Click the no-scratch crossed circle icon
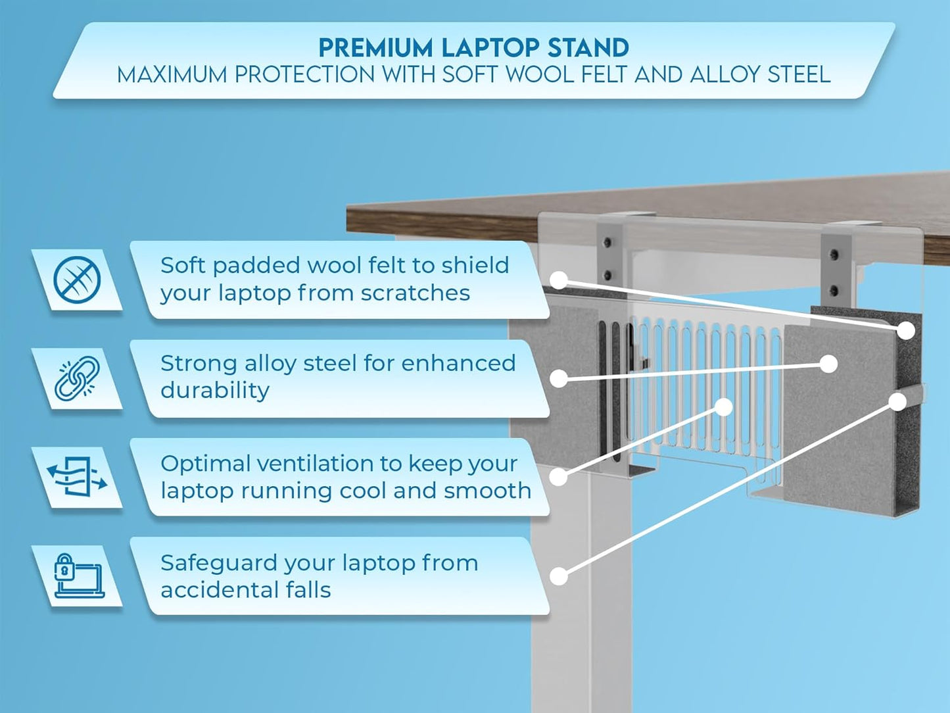coord(77,280)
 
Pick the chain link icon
coord(77,379)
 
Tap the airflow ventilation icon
coord(77,477)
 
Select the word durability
coord(215,390)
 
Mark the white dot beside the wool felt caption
coord(558,280)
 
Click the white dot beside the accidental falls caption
coord(558,576)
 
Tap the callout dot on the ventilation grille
coord(723,407)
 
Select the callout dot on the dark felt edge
coord(906,330)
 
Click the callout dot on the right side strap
coord(897,401)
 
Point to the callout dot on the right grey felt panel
coord(828,364)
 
